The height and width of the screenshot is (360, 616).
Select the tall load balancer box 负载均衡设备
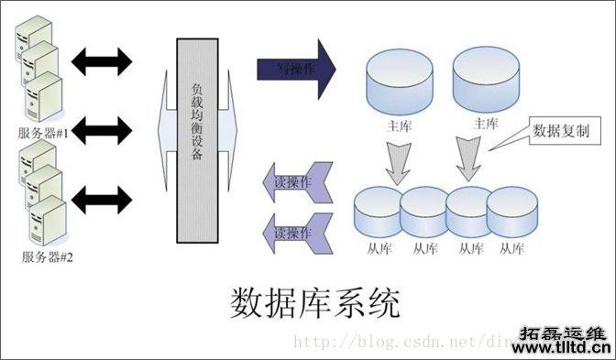pyautogui.click(x=198, y=137)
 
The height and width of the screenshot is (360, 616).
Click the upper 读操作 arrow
pyautogui.click(x=291, y=181)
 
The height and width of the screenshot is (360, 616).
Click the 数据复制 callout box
pyautogui.click(x=566, y=131)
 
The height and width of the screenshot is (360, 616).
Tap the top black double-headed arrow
pyautogui.click(x=102, y=60)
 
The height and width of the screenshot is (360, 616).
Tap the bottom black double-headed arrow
pyautogui.click(x=102, y=197)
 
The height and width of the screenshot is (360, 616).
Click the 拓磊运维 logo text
pyautogui.click(x=565, y=331)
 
